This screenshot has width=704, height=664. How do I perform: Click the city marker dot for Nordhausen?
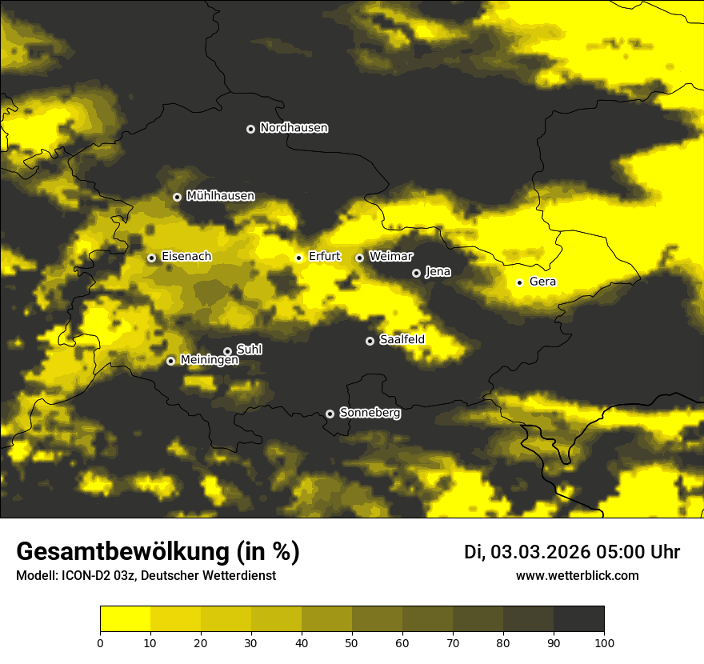(x=250, y=129)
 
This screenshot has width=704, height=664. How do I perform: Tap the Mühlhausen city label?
(x=220, y=196)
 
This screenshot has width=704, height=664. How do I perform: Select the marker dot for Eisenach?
(x=151, y=258)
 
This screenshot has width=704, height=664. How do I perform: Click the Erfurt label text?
(x=324, y=257)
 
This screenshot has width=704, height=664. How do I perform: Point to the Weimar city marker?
(x=359, y=258)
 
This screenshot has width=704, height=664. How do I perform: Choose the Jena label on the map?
(x=438, y=272)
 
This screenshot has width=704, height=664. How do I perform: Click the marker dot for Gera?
(x=519, y=282)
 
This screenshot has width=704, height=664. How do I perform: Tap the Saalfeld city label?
(x=402, y=340)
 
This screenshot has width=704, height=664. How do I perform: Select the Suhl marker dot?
(x=227, y=351)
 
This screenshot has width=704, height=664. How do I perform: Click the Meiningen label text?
(x=209, y=361)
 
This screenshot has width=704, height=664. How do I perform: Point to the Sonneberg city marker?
(x=330, y=414)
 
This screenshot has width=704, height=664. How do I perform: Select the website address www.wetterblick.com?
(x=577, y=576)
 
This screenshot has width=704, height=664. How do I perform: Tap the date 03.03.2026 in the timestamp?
(x=540, y=552)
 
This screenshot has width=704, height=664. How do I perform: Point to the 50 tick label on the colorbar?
(x=352, y=642)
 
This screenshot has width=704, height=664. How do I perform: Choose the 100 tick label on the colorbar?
(x=604, y=642)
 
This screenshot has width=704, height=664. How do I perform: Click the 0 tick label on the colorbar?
(x=100, y=642)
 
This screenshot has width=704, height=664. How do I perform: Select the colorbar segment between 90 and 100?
(x=578, y=619)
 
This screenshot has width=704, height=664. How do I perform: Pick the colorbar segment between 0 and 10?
(x=125, y=619)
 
